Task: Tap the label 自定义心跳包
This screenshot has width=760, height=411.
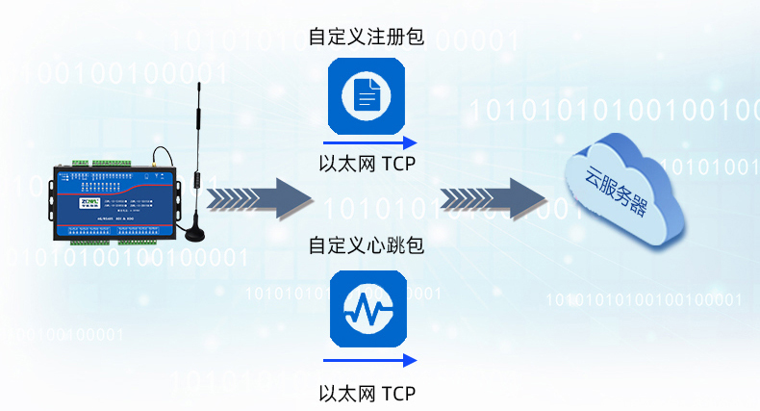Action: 366,245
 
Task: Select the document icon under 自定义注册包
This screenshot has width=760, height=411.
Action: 367,95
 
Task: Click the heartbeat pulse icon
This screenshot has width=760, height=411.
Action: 367,309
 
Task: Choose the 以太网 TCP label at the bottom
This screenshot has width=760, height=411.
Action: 367,393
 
